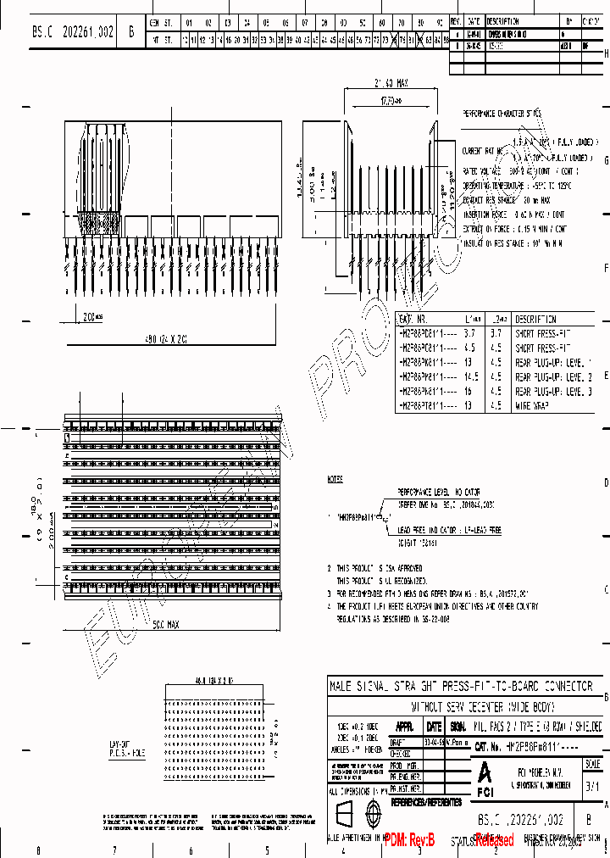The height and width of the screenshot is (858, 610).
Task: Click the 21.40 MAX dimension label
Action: pyautogui.click(x=391, y=83)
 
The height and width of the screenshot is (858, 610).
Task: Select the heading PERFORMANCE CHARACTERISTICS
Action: pyautogui.click(x=502, y=113)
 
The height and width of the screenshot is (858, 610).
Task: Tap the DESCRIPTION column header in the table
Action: pyautogui.click(x=535, y=319)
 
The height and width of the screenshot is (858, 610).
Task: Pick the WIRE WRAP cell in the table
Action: pyautogui.click(x=534, y=407)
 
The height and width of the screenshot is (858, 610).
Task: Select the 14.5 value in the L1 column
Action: pyautogui.click(x=471, y=377)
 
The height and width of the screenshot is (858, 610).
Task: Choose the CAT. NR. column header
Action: pyautogui.click(x=416, y=319)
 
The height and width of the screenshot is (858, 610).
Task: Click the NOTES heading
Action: pyautogui.click(x=335, y=480)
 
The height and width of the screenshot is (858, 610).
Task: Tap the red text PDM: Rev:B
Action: pyautogui.click(x=409, y=840)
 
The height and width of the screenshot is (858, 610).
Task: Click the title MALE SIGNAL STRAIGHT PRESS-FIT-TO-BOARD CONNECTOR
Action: pyautogui.click(x=464, y=686)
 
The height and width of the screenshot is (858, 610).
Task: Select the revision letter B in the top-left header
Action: pyautogui.click(x=130, y=31)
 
